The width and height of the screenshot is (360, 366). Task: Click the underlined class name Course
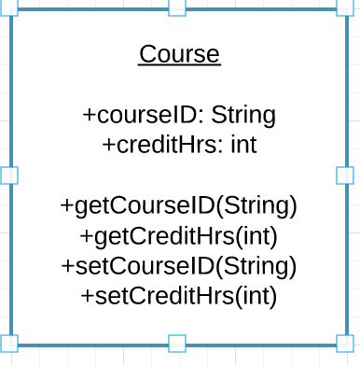(x=179, y=55)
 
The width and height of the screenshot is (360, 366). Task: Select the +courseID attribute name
(x=142, y=116)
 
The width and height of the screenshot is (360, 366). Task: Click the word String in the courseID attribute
(x=243, y=116)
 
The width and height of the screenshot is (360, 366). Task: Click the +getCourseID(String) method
(x=179, y=205)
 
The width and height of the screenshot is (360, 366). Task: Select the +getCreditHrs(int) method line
(x=179, y=235)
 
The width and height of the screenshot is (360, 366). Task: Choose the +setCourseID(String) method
(x=179, y=266)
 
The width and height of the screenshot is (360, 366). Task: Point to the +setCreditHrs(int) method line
(x=179, y=296)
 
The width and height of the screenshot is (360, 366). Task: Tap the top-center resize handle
(x=176, y=7)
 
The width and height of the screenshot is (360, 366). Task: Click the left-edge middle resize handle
(x=9, y=176)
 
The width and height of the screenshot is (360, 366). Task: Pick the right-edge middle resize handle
(x=344, y=176)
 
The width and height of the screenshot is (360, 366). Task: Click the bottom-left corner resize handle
(x=9, y=343)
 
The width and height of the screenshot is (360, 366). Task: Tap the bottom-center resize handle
(x=176, y=343)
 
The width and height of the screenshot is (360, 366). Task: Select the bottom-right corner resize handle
(x=344, y=343)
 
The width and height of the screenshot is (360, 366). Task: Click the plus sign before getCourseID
(x=67, y=205)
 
